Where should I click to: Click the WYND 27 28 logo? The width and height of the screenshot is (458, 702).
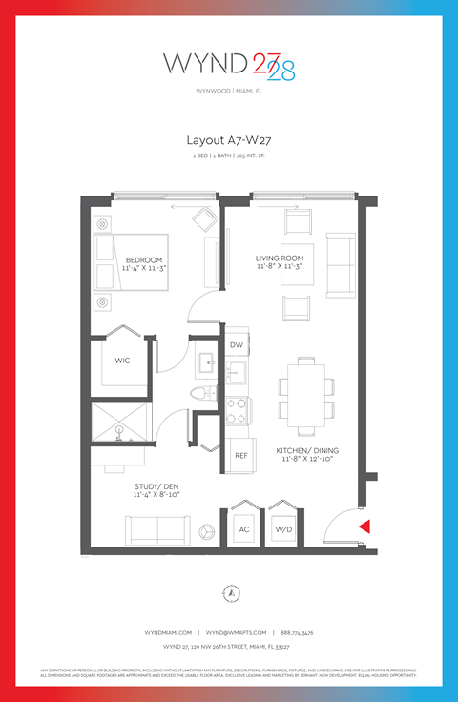click(x=229, y=66)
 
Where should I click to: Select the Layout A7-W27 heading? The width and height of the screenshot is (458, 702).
click(x=229, y=139)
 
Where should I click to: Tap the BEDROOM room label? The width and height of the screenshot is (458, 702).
click(x=143, y=259)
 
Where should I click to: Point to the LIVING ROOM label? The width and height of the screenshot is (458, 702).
click(x=280, y=258)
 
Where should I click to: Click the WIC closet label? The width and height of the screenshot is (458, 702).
click(x=122, y=361)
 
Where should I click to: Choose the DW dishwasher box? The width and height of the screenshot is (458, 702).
click(x=238, y=344)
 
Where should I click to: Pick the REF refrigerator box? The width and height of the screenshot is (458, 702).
click(x=241, y=456)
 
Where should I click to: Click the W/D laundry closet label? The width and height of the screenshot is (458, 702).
click(x=283, y=529)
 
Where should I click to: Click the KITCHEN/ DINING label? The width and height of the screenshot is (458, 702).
click(x=308, y=450)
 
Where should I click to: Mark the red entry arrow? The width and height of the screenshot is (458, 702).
click(x=363, y=526)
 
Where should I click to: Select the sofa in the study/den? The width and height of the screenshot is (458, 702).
click(x=156, y=530)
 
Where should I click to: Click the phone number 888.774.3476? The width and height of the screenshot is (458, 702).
click(x=297, y=632)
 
